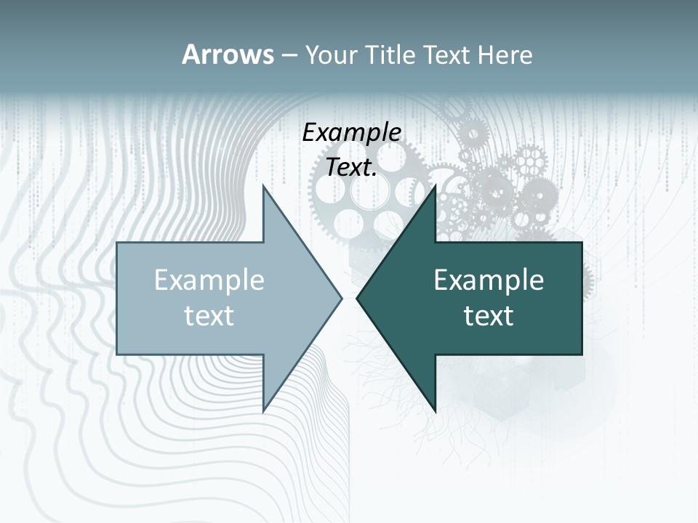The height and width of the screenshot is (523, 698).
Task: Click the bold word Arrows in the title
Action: (x=228, y=54)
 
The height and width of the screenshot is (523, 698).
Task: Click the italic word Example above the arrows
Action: (x=351, y=132)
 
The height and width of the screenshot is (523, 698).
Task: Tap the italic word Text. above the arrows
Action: (x=351, y=168)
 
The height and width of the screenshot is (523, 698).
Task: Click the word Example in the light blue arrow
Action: (x=209, y=280)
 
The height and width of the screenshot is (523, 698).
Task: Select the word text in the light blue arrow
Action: (x=209, y=316)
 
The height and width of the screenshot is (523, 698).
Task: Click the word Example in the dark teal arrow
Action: (x=489, y=280)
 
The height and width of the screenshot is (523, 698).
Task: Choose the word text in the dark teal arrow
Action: (x=489, y=316)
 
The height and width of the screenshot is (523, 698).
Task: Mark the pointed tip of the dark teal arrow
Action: (x=358, y=298)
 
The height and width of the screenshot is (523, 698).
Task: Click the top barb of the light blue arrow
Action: (x=265, y=190)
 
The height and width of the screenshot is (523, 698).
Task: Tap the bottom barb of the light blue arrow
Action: (x=265, y=407)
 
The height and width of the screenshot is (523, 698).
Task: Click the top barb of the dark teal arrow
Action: (x=433, y=190)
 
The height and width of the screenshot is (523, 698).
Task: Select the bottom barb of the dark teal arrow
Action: (x=433, y=407)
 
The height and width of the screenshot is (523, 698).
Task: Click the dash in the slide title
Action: (x=289, y=55)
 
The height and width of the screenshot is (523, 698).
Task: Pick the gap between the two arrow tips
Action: (x=349, y=298)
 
